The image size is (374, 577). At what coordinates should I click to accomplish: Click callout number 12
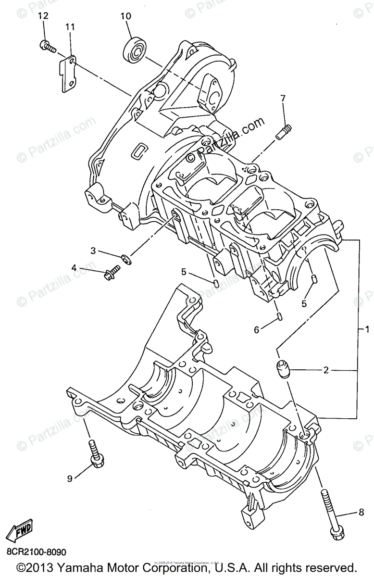pyautogui.click(x=43, y=16)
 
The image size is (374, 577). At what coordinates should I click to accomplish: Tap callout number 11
pyautogui.click(x=70, y=27)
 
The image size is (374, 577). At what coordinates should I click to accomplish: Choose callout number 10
pyautogui.click(x=125, y=16)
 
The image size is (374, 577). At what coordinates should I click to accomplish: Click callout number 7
pyautogui.click(x=283, y=99)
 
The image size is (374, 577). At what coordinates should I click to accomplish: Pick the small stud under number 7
pyautogui.click(x=284, y=131)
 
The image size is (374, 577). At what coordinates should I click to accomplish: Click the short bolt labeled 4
pyautogui.click(x=110, y=274)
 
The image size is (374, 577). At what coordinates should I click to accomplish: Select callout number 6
pyautogui.click(x=256, y=330)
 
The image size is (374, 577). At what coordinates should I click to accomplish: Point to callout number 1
pyautogui.click(x=367, y=330)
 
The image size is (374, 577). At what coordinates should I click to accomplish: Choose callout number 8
pyautogui.click(x=361, y=514)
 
